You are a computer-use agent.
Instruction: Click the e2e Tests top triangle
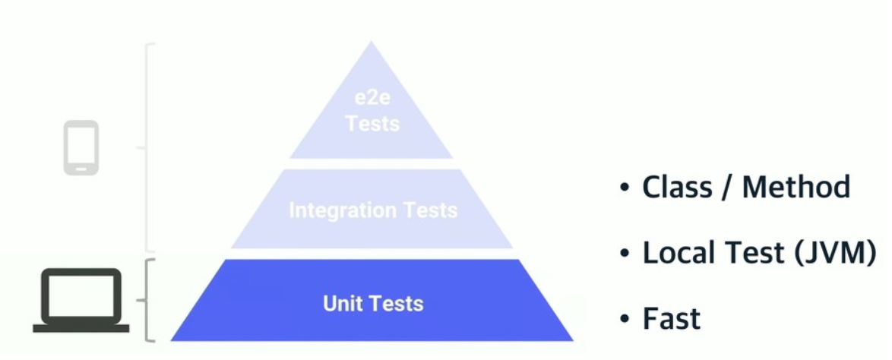(x=371, y=114)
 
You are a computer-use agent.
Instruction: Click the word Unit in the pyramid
(x=340, y=304)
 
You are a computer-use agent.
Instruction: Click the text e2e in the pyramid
(x=372, y=99)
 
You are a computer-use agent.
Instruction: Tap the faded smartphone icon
(x=81, y=147)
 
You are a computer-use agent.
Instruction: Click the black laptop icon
(x=81, y=301)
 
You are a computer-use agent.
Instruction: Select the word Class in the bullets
(x=677, y=187)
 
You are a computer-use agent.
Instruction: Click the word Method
(x=797, y=187)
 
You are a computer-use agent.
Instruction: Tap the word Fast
(x=672, y=318)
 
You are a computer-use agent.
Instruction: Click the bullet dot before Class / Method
(x=625, y=188)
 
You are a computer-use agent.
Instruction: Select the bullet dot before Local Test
(x=625, y=253)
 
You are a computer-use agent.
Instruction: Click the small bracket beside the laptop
(x=148, y=300)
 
